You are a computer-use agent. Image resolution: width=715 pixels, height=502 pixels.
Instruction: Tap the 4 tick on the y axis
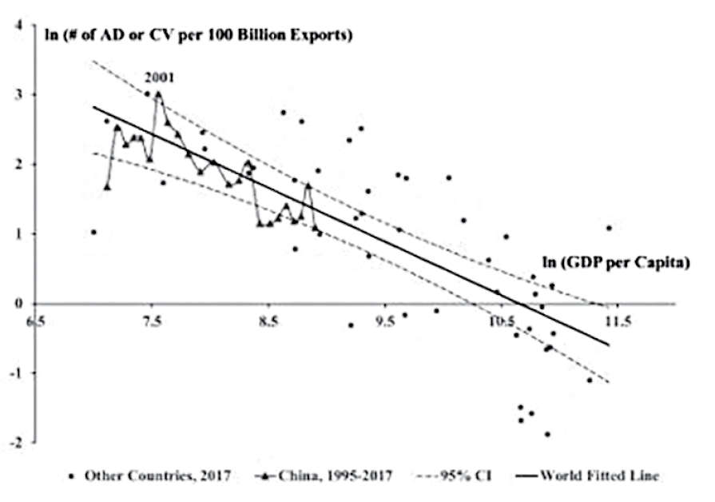point(18,26)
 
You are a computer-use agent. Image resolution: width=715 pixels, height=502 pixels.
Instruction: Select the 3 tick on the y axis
point(18,95)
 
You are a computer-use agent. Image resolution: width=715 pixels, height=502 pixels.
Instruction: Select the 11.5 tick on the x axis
point(618,322)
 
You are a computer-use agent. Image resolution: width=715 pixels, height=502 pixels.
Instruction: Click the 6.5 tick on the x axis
point(36,322)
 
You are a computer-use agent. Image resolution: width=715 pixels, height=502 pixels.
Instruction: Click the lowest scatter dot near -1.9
point(547,434)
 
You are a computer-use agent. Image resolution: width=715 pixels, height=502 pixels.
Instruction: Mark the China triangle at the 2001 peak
point(158,94)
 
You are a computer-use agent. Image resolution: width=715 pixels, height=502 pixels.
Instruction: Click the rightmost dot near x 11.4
point(609,228)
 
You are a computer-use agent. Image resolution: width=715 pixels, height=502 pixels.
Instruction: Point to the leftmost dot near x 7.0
point(93,233)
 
